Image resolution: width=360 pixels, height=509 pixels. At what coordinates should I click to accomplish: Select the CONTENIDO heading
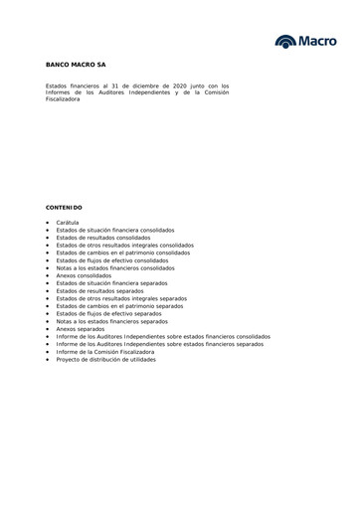click(x=64, y=207)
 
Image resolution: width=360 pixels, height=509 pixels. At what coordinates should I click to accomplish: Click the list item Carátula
click(x=68, y=222)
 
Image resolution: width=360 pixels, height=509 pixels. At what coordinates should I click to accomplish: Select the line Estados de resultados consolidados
click(x=103, y=238)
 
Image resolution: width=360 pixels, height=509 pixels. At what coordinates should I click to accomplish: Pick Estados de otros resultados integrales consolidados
click(x=125, y=245)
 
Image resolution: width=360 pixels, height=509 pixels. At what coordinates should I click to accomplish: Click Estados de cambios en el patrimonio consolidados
click(x=122, y=253)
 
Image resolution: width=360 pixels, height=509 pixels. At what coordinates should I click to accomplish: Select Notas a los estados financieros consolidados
click(x=115, y=268)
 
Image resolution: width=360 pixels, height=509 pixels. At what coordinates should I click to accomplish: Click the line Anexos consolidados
click(x=84, y=275)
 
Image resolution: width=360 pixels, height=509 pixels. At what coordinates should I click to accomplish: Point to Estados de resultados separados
click(x=99, y=291)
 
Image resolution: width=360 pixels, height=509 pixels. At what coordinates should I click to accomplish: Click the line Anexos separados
click(x=80, y=329)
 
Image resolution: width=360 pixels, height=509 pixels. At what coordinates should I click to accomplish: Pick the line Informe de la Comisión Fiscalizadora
click(x=105, y=352)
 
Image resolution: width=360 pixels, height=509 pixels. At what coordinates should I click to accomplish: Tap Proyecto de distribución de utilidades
click(x=106, y=360)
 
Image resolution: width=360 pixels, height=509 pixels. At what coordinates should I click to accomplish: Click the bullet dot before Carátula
click(x=48, y=222)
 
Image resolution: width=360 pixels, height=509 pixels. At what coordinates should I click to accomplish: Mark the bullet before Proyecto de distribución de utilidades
click(x=48, y=360)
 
